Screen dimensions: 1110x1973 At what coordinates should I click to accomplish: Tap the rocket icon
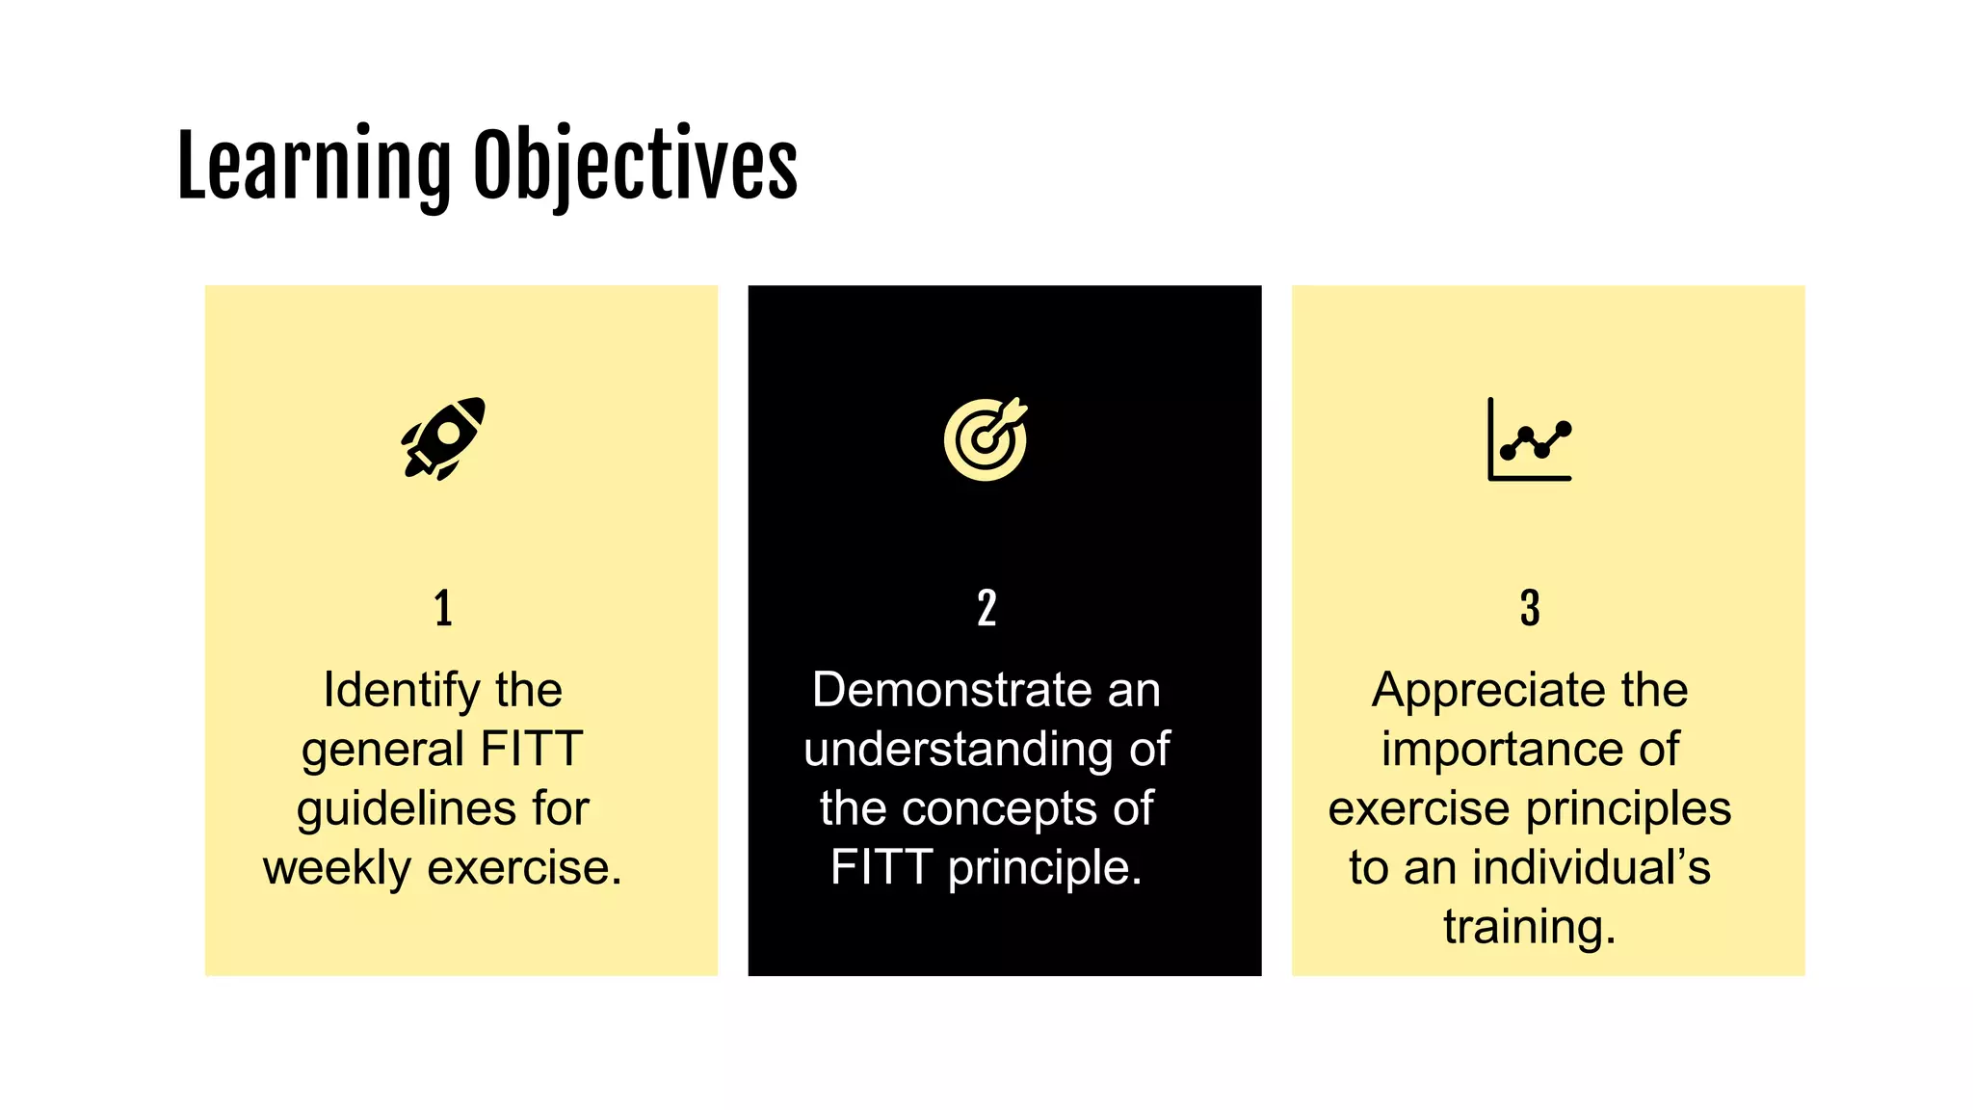(x=443, y=438)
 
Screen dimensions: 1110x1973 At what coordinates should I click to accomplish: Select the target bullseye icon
(x=986, y=438)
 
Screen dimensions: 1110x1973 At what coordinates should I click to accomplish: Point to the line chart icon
(x=1530, y=439)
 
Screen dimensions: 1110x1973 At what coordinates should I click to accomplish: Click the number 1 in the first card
(x=443, y=609)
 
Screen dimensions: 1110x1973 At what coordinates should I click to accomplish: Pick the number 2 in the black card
(x=986, y=609)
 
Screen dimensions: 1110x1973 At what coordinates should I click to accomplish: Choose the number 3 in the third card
(x=1530, y=609)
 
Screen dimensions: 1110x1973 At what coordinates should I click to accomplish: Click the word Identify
(x=401, y=691)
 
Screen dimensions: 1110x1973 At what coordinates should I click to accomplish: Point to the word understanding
(x=958, y=751)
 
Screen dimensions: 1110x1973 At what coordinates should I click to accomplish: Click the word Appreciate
(x=1482, y=691)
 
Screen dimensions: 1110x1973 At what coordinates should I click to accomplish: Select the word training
(x=1529, y=928)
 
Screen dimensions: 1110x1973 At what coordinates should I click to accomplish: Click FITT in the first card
(x=531, y=750)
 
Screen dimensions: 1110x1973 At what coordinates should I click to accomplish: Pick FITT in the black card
(x=881, y=868)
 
